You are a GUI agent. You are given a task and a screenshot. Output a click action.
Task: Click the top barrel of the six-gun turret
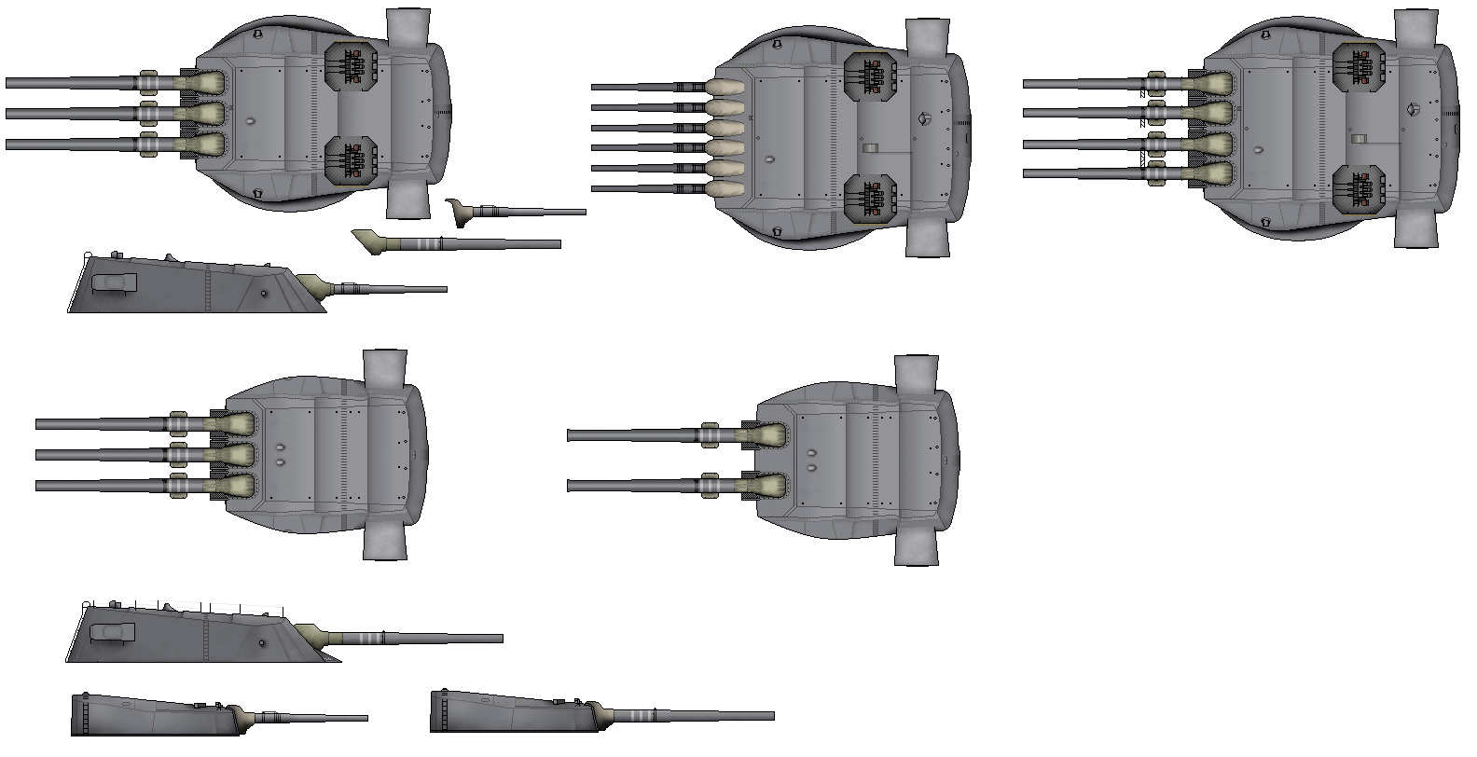(x=643, y=87)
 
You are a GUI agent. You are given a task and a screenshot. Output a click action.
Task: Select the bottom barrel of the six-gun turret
(x=643, y=188)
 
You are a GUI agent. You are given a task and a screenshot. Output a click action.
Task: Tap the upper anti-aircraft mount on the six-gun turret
(x=871, y=74)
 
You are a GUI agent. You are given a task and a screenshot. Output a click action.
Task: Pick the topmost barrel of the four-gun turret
(x=1082, y=84)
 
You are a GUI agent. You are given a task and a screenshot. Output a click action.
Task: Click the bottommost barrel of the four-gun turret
(x=1082, y=172)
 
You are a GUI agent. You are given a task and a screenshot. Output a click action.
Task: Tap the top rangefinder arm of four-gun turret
(x=1416, y=28)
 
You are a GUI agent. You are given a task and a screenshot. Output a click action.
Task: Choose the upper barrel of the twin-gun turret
(x=634, y=434)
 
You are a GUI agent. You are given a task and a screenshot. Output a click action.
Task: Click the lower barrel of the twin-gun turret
(x=634, y=485)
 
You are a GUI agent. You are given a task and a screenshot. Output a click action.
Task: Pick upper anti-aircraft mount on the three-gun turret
(x=351, y=67)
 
